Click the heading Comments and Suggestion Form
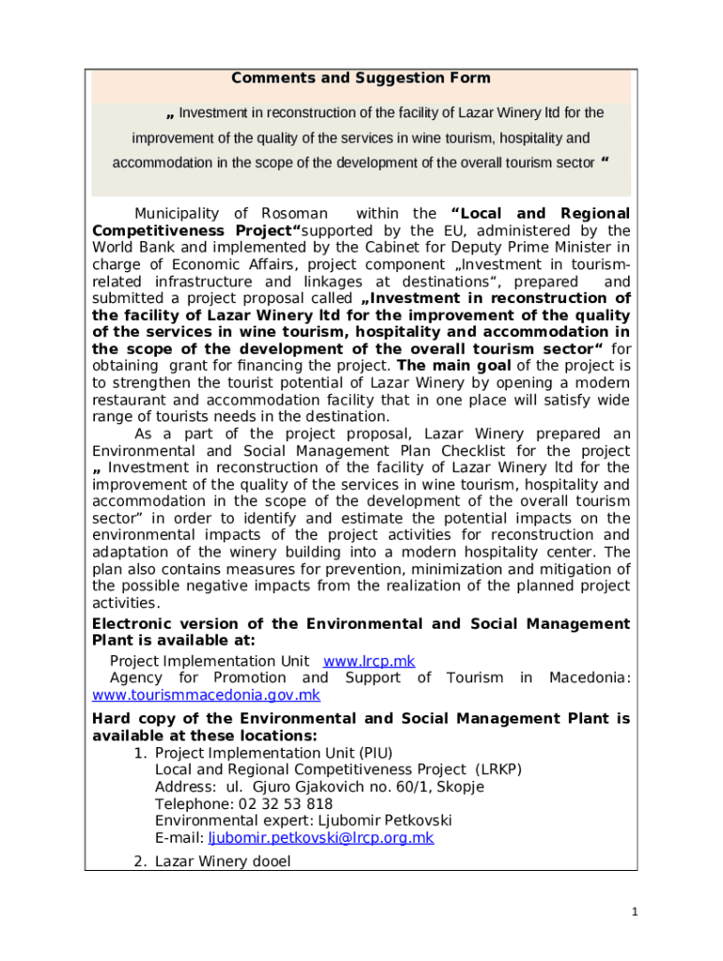361,79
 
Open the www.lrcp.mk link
369,662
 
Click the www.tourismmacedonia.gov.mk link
206,695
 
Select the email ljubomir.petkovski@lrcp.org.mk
320,838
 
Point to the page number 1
635,911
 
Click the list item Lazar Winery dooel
223,862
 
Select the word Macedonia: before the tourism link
590,679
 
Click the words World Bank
134,248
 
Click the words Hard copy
134,719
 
